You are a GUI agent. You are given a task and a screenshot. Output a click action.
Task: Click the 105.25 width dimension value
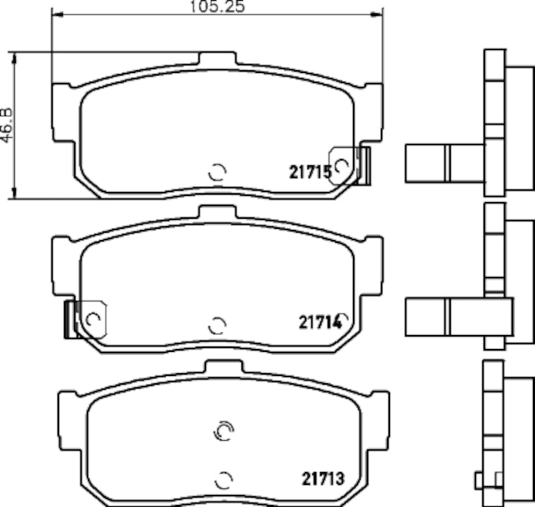coord(217,7)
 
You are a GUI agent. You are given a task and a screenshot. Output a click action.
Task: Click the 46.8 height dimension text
coord(7,124)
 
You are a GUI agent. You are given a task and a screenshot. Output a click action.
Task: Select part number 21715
coord(310,173)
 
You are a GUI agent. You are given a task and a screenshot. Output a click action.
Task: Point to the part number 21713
coord(322,478)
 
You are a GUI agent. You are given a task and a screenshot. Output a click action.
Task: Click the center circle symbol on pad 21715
coord(217,172)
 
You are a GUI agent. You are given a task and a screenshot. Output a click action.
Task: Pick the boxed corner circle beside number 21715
coord(343,165)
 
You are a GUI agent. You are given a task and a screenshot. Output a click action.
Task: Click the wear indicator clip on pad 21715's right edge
coord(364,165)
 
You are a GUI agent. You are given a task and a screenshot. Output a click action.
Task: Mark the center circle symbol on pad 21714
coord(217,325)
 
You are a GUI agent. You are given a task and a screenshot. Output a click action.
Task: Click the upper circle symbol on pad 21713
coord(222,431)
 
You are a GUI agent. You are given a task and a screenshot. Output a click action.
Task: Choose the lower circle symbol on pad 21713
coord(222,478)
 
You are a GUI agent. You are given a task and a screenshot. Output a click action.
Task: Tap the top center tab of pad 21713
coord(223,367)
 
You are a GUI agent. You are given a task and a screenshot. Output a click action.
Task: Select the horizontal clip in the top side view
coord(445,163)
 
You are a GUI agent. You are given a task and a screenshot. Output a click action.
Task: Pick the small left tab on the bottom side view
coord(478,480)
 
